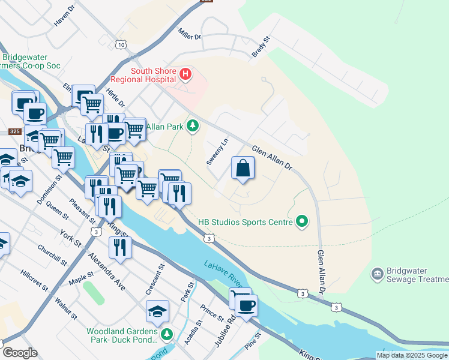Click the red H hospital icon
185,74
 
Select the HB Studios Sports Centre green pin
302,222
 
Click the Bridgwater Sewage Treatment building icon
377,274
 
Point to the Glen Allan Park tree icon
192,125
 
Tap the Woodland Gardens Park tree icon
166,334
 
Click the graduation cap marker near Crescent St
157,311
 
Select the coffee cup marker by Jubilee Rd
246,306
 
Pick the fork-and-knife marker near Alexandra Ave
120,247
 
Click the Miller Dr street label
189,37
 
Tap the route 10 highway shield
122,44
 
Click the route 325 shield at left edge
15,131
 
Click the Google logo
20,353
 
